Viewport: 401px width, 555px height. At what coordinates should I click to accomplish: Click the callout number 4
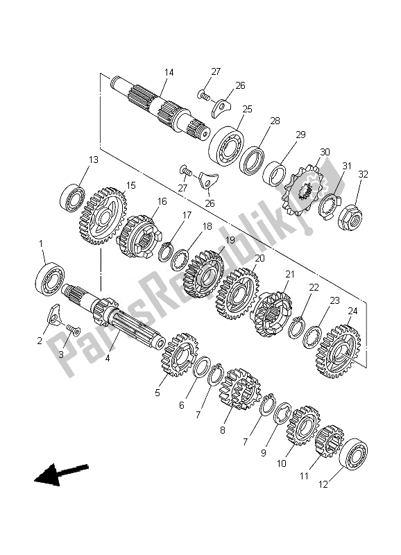(107, 358)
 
